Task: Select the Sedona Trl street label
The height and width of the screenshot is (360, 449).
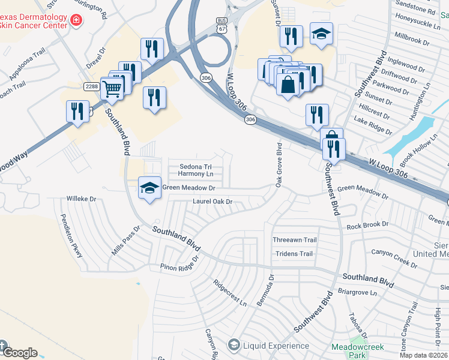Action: pos(196,166)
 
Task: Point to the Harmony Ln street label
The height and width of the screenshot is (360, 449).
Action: pos(196,174)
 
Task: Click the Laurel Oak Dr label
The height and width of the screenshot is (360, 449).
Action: pos(212,202)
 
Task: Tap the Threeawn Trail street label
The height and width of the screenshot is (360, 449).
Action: pos(294,240)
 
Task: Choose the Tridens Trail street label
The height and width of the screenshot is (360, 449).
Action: pos(294,254)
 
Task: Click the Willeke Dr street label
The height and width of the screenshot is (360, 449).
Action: pos(82,198)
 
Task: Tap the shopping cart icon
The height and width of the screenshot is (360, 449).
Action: pos(112,88)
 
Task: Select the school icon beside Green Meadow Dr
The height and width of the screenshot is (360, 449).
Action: pos(149,188)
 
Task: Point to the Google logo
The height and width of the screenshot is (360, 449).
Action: pos(19,353)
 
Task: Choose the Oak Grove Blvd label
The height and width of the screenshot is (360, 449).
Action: pos(279,163)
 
